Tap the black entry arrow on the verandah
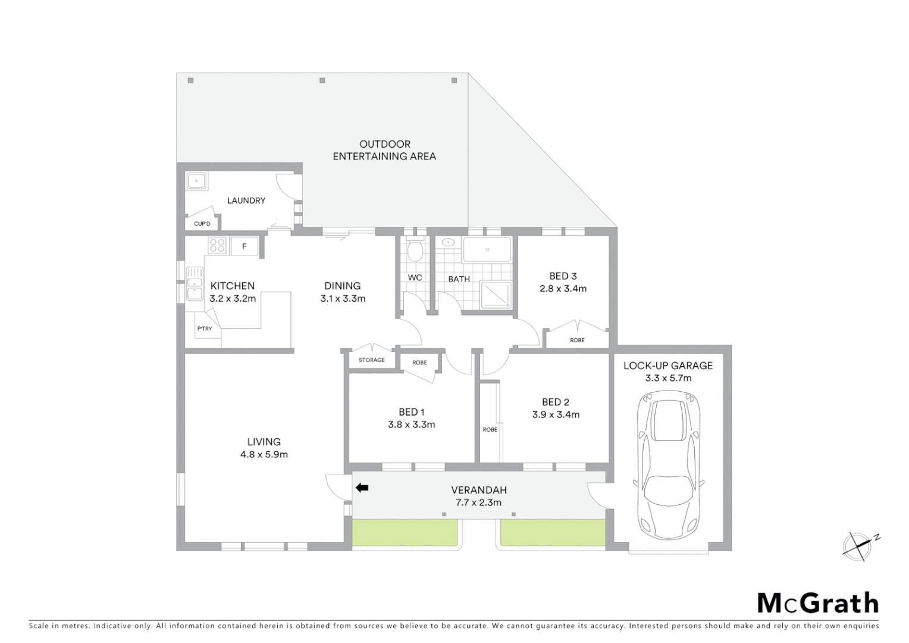362,488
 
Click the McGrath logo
817,603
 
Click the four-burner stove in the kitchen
217,246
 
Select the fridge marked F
244,246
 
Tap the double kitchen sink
195,284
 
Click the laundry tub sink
196,180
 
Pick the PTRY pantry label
205,329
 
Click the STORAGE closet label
372,360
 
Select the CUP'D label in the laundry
202,224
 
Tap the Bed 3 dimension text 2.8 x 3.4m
563,289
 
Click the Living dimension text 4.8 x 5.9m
264,454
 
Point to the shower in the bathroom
496,295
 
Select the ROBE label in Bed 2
490,429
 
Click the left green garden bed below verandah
405,532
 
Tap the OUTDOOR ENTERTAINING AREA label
384,150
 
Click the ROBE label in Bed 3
577,340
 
